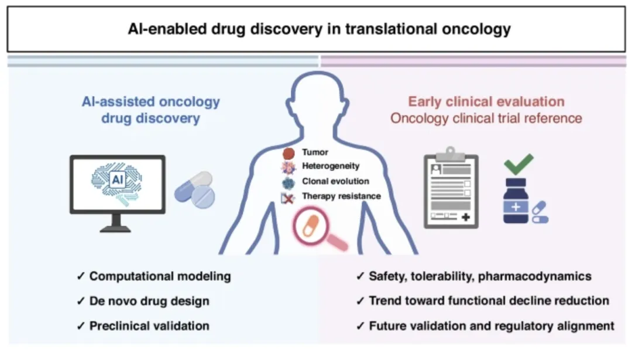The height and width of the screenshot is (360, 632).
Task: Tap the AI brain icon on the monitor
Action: pos(117,178)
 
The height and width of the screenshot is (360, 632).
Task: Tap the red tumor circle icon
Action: pos(288,153)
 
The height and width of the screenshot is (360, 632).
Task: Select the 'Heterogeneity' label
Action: pos(331,167)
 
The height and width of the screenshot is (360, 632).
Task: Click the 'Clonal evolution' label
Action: pos(335,181)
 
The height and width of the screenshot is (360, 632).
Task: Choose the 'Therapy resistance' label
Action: pos(341,196)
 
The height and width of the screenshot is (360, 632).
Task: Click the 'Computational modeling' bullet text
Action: pos(160,276)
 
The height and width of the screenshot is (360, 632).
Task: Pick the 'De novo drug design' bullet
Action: pos(149,301)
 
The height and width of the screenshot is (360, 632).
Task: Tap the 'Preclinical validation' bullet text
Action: pos(149,325)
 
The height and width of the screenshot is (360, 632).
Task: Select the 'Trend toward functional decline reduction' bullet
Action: pos(489,301)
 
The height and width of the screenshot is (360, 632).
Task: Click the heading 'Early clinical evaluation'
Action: pos(486,101)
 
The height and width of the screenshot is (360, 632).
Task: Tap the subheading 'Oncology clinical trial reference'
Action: pos(486,118)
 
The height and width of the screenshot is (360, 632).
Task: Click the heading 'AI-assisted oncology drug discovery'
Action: pos(150,110)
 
